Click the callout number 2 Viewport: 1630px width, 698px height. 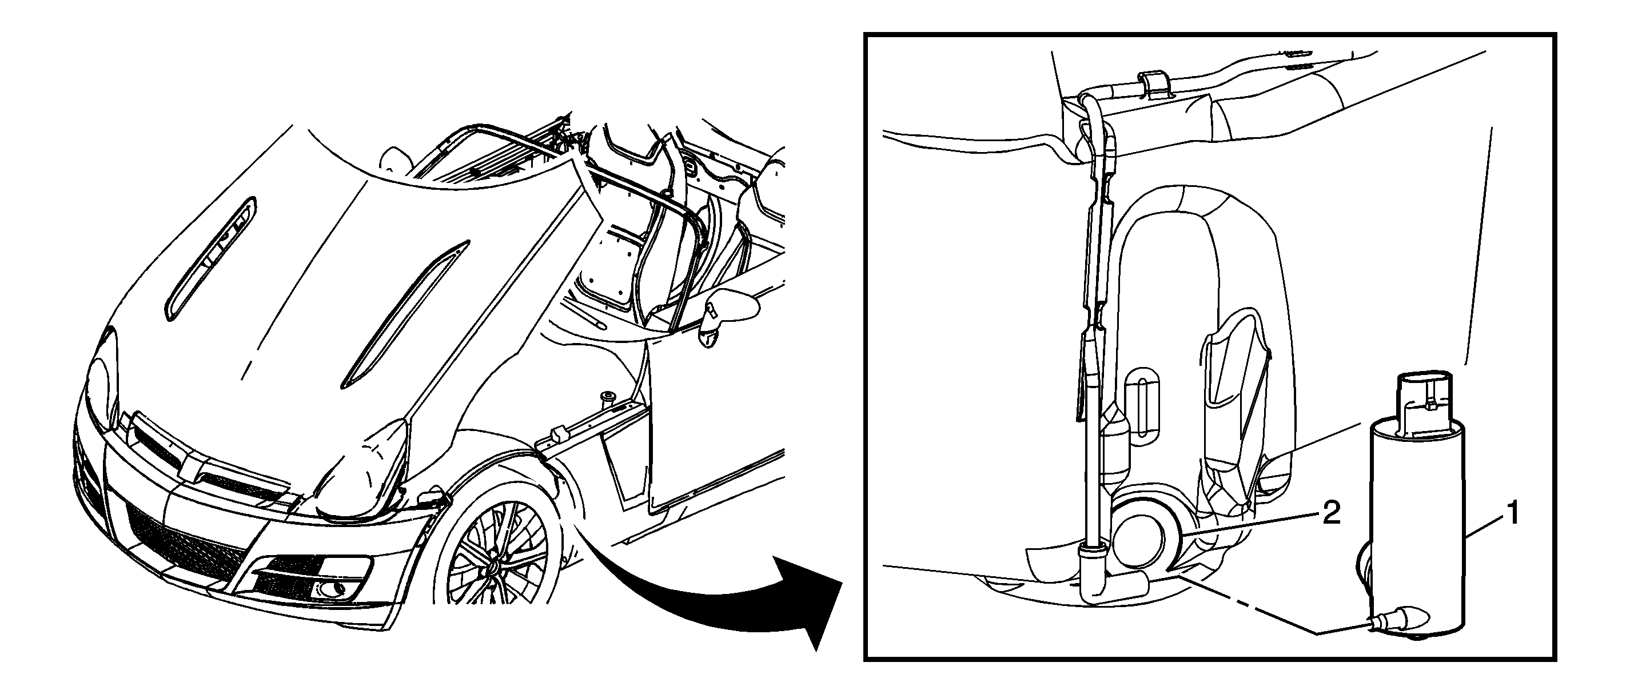tap(1328, 513)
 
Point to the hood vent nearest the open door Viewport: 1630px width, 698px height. tap(405, 314)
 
